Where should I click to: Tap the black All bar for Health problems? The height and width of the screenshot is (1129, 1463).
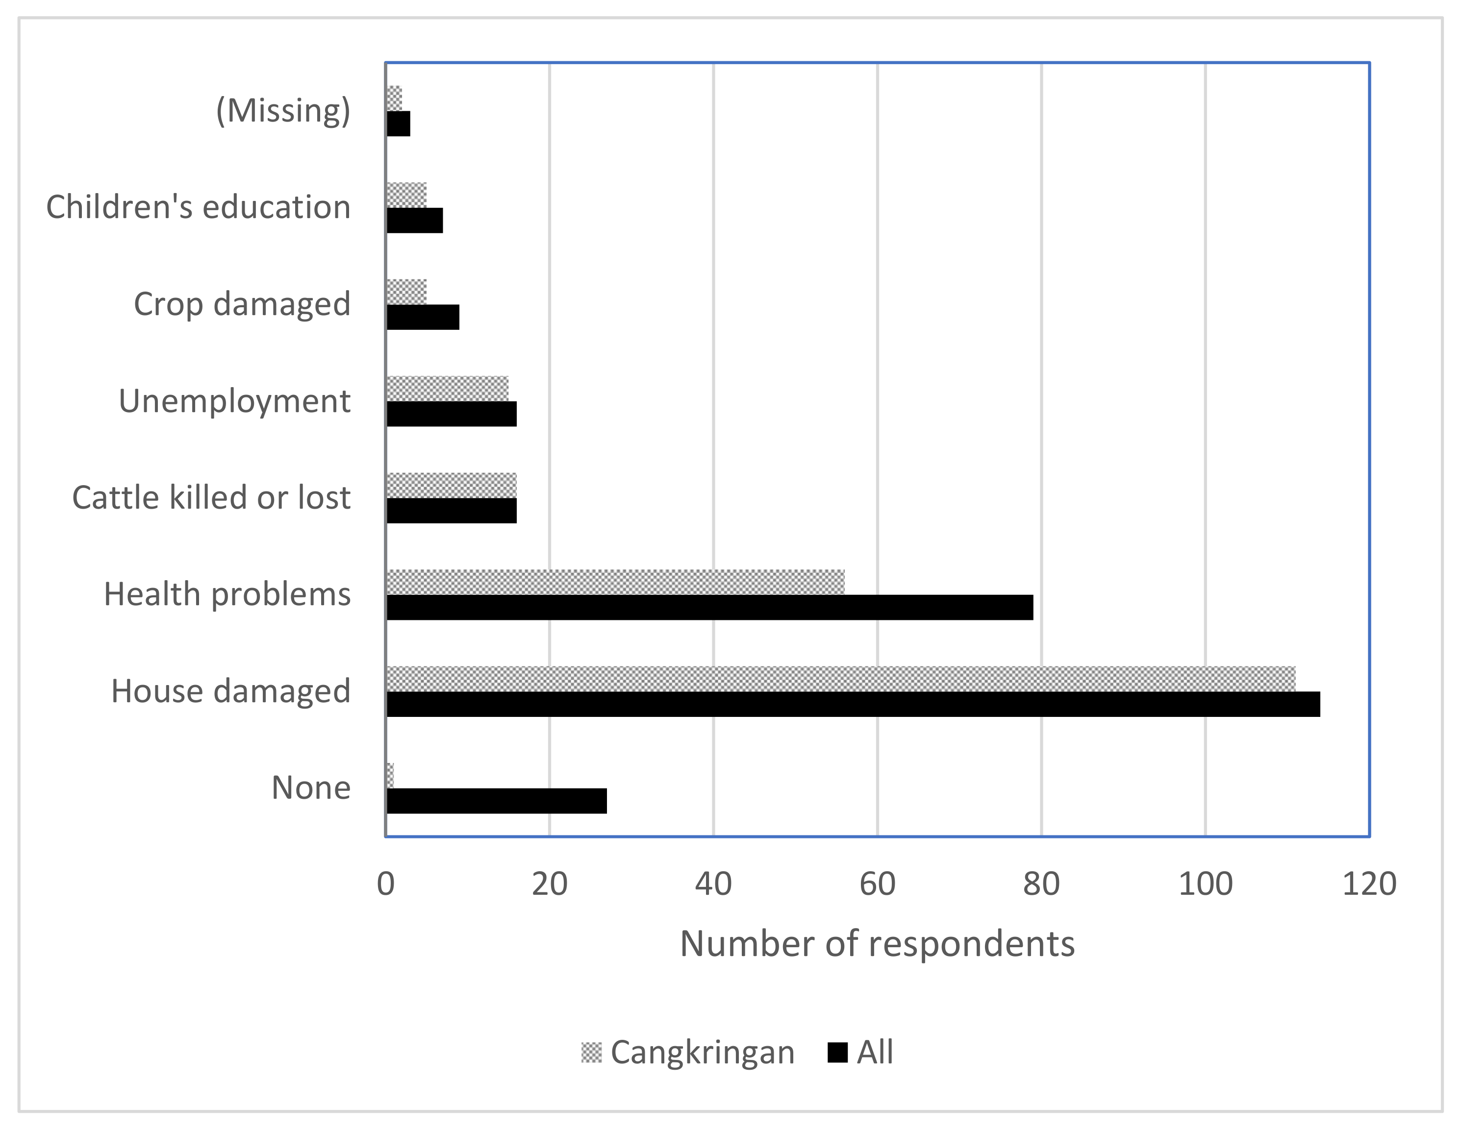click(709, 607)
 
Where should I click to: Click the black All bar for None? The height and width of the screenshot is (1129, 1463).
click(496, 801)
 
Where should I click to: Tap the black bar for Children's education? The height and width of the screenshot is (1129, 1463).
click(415, 221)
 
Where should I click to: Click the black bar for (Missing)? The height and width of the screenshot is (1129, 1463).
click(399, 124)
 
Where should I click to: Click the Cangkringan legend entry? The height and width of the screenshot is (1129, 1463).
click(688, 1052)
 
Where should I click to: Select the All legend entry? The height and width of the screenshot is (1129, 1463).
click(861, 1052)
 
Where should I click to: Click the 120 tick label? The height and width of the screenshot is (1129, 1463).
click(1368, 884)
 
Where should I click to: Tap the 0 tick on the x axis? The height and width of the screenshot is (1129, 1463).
click(386, 884)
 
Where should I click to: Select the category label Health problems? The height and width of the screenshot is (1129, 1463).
click(227, 594)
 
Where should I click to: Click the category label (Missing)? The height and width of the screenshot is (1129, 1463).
click(283, 110)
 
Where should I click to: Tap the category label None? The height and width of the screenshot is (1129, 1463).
click(311, 787)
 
